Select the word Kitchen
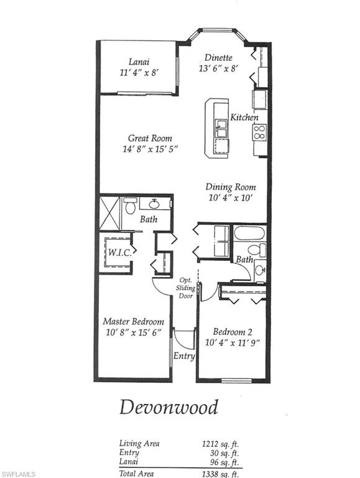pos(244,117)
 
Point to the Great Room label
pos(150,138)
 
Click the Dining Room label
pos(231,187)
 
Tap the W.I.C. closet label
pos(118,253)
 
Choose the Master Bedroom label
pos(134,322)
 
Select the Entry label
pos(185,356)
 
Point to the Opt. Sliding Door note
pos(187,288)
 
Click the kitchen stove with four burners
pos(259,131)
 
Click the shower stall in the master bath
pos(111,213)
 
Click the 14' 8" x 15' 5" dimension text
pos(150,149)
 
